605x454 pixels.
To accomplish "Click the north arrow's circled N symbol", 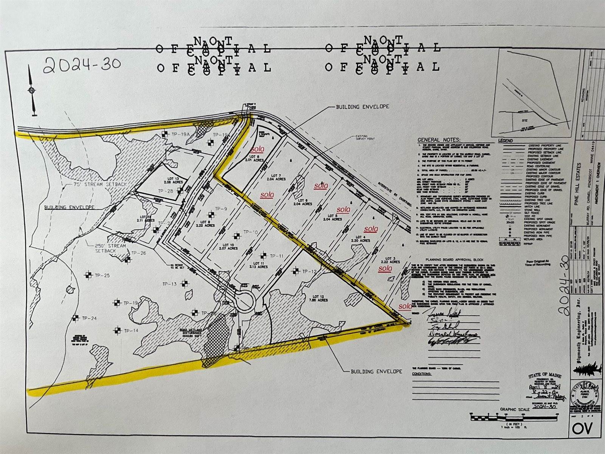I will (32, 90).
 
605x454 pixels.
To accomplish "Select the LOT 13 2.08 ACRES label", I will (174, 180).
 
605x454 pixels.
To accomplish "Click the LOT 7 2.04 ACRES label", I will (276, 177).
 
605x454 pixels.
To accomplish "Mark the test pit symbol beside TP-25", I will (88, 275).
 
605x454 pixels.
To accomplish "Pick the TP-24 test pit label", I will (89, 318).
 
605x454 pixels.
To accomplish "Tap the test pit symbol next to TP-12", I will (295, 271).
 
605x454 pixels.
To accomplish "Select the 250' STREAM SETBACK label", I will (105, 248).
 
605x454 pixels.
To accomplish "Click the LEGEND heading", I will (506, 140).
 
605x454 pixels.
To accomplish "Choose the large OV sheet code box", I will (582, 428).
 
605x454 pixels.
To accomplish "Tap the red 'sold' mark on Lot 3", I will (385, 268).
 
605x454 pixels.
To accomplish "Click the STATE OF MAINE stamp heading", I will (545, 376).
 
